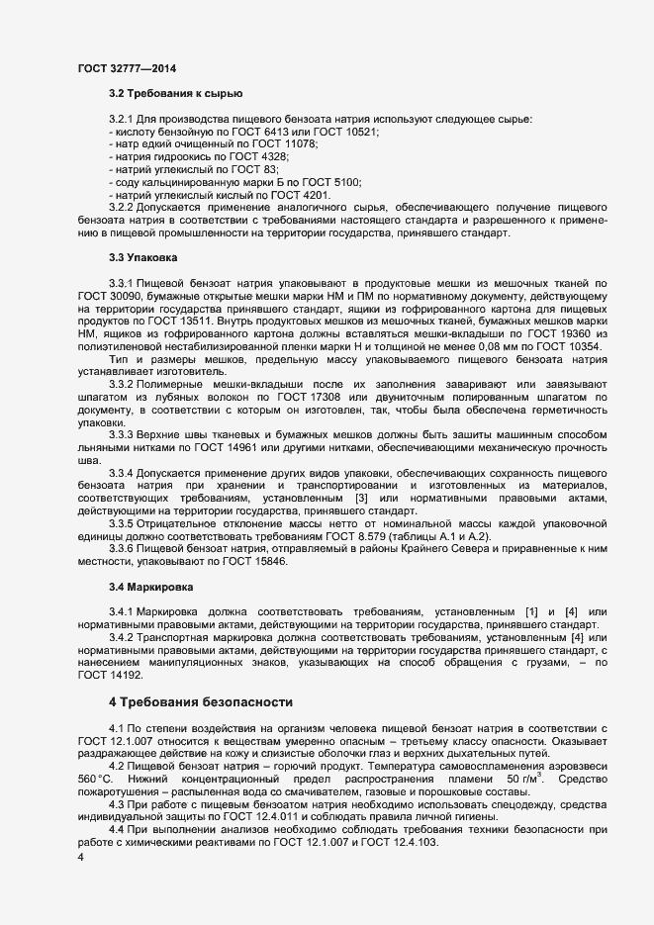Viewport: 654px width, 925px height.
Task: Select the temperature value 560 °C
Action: click(96, 781)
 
